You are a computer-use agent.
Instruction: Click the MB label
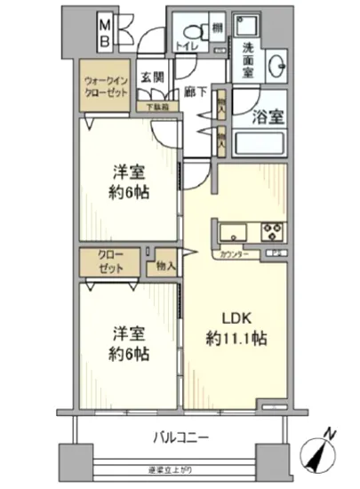(105, 31)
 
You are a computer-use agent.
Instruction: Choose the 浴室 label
(269, 115)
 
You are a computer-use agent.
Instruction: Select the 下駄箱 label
(157, 107)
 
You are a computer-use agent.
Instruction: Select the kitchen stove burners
(272, 233)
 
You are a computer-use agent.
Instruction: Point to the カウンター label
(233, 256)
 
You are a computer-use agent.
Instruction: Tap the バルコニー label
(180, 437)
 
